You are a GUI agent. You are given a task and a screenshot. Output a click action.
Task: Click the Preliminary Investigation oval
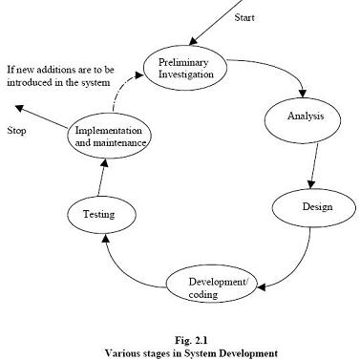tap(188, 69)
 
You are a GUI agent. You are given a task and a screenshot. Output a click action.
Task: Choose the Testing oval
tap(99, 215)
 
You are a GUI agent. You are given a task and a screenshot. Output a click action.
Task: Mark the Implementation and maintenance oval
tap(110, 136)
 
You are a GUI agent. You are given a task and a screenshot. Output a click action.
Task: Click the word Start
tap(244, 18)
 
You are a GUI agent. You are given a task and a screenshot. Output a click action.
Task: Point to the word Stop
tap(16, 129)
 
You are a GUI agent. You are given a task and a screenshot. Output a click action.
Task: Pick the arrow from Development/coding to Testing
tap(129, 266)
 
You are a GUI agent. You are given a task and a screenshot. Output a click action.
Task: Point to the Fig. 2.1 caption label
tap(180, 339)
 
